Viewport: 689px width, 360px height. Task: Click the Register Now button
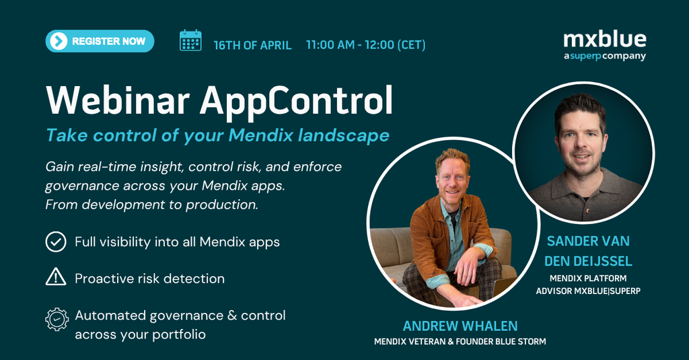click(100, 41)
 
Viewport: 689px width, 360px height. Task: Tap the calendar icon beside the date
click(190, 40)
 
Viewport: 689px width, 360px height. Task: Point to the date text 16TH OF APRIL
click(253, 45)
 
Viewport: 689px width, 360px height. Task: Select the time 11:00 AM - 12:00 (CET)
click(365, 45)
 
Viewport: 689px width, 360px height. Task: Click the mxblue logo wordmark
click(605, 40)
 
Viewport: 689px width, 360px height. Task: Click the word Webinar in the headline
click(118, 101)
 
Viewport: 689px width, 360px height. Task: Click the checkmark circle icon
click(56, 242)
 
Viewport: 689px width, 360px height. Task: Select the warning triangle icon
click(56, 277)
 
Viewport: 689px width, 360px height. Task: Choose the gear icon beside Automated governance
click(57, 319)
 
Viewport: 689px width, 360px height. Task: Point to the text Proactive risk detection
click(150, 279)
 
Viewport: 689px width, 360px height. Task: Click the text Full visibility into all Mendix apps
click(177, 242)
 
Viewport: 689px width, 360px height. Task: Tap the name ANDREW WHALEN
click(460, 326)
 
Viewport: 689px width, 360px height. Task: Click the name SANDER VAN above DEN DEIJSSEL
click(588, 241)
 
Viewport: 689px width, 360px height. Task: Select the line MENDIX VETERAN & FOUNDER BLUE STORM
click(460, 342)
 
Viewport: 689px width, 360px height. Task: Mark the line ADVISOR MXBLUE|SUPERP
click(588, 291)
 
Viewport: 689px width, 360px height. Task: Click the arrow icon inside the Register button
click(59, 41)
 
